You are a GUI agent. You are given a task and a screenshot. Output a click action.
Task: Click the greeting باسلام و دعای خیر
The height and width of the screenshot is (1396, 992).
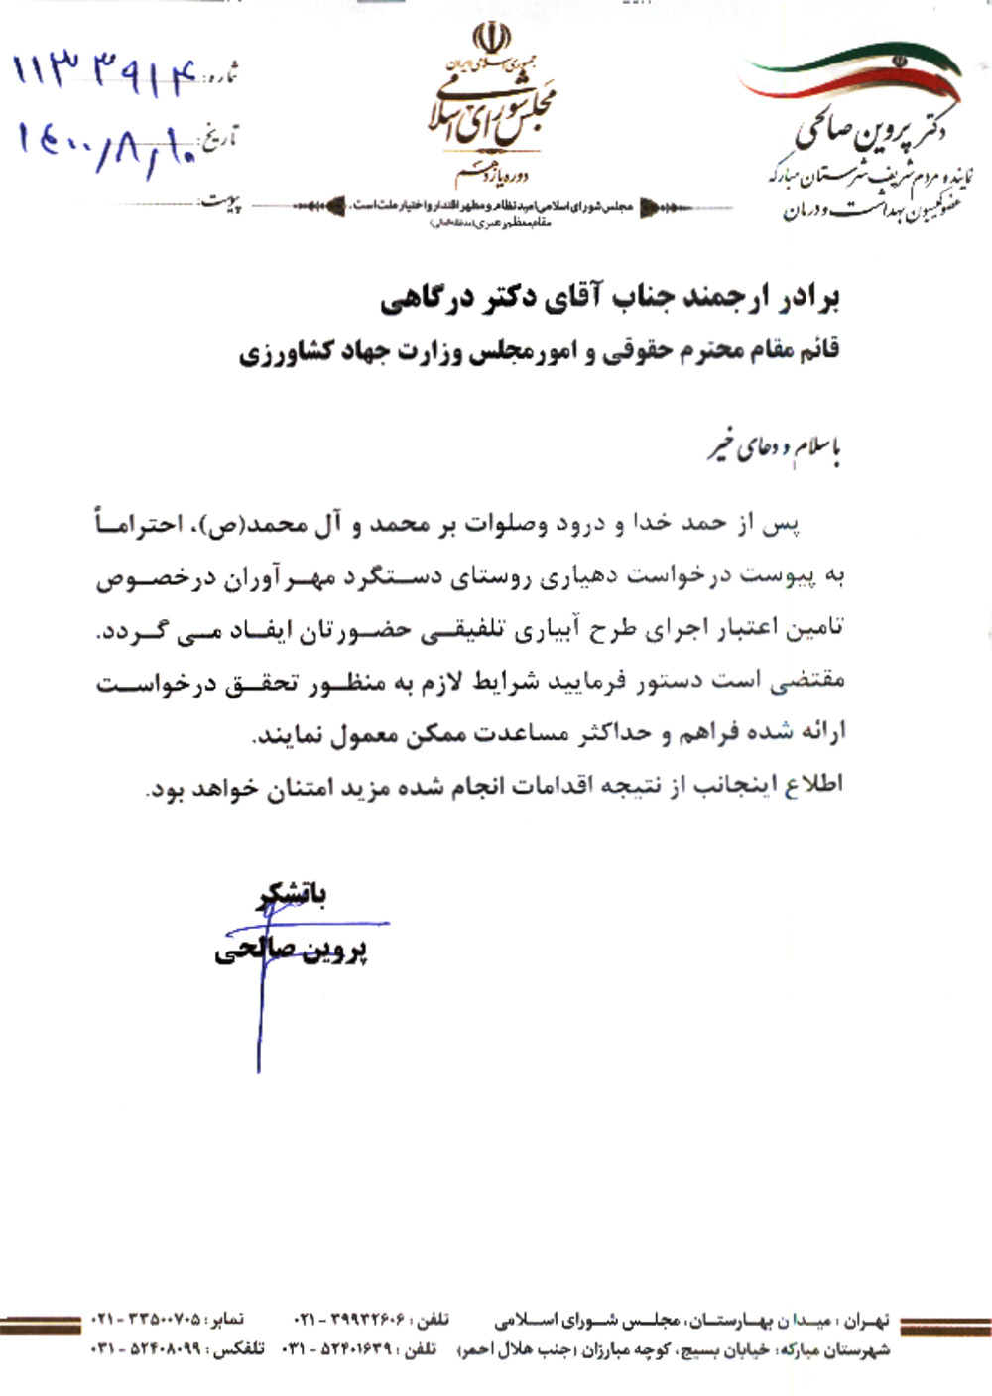(774, 448)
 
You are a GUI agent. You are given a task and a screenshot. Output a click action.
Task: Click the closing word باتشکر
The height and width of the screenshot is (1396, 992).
(294, 894)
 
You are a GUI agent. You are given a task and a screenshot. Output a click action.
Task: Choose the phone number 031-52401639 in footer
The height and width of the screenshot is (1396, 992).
(341, 1349)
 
